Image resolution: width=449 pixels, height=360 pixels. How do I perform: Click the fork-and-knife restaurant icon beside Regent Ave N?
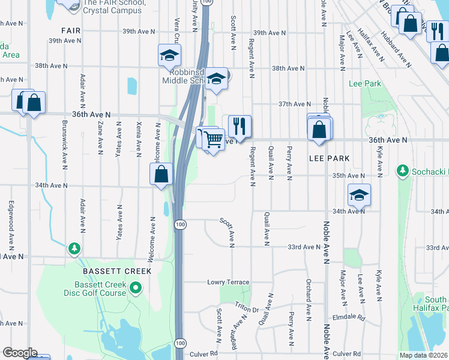[239, 126]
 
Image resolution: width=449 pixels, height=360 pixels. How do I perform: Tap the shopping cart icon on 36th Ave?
[213, 140]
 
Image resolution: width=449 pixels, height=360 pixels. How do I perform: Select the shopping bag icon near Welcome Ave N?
[161, 175]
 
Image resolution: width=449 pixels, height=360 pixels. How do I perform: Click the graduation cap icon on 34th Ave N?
[359, 195]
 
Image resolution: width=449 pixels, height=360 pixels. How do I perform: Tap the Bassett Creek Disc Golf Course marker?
[136, 289]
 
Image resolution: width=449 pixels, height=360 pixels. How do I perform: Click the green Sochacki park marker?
[403, 172]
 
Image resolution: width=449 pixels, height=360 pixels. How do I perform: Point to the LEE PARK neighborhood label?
[329, 158]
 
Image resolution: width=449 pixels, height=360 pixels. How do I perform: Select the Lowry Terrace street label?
[228, 282]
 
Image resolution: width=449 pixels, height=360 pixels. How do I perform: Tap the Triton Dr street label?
[246, 307]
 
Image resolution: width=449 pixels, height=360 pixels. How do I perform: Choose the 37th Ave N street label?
[294, 104]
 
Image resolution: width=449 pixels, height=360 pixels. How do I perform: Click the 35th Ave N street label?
[349, 175]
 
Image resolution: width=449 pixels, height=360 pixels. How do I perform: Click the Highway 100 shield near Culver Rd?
[180, 343]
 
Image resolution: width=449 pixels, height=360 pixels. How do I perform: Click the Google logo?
[19, 353]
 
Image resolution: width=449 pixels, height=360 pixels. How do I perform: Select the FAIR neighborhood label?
[71, 30]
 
